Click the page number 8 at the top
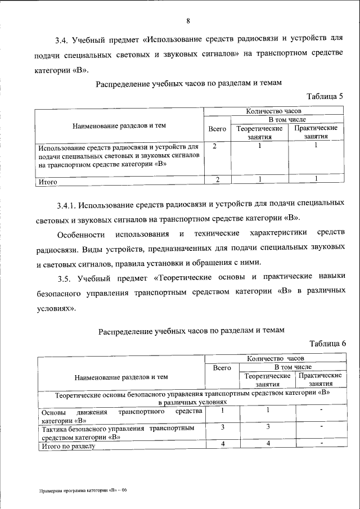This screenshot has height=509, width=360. click(x=188, y=21)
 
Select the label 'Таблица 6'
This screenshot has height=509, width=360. click(x=326, y=343)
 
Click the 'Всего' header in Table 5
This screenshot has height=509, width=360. click(x=217, y=129)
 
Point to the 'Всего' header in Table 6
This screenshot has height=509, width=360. click(x=222, y=367)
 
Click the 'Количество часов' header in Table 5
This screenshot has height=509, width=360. click(x=274, y=112)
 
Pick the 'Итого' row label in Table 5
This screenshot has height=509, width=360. click(x=48, y=182)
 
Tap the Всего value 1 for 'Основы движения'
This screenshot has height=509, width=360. click(x=222, y=411)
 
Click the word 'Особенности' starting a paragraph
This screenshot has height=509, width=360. click(x=81, y=233)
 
